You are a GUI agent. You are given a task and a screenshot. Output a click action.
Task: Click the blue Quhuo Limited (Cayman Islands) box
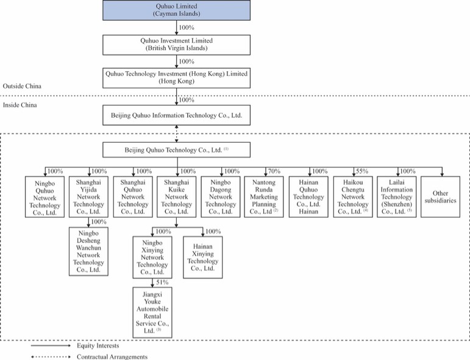pos(177,10)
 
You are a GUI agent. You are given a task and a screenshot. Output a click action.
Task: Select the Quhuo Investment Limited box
pos(177,45)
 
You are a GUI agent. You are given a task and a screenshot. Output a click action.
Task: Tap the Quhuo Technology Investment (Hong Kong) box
pos(177,78)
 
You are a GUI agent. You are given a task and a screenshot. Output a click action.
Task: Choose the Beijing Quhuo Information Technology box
pos(177,115)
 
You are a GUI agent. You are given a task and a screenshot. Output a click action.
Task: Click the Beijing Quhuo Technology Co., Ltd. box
pos(177,150)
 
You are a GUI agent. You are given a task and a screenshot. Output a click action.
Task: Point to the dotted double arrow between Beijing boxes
pos(177,134)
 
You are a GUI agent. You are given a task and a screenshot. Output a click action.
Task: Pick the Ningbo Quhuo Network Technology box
pos(45,197)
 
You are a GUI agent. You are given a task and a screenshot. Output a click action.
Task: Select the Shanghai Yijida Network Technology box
pos(89,197)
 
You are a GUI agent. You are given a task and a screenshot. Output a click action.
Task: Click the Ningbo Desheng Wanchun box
pos(89,251)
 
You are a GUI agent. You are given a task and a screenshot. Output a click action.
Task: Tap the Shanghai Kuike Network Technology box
pos(177,197)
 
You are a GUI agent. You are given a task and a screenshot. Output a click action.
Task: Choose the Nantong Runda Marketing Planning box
pos(264,197)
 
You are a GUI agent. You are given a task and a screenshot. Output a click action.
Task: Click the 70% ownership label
pos(274,171)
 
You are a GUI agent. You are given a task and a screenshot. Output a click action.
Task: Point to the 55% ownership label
pos(361,171)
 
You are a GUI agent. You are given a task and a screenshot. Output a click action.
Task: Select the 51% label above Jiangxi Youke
pos(162,283)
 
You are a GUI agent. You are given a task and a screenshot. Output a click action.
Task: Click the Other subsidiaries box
pos(441,197)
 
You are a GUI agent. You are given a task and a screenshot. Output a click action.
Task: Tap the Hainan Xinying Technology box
pos(203,257)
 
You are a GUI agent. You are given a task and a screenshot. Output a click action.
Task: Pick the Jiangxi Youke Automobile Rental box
pos(152,312)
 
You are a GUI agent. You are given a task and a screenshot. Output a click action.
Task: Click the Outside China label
pos(22,86)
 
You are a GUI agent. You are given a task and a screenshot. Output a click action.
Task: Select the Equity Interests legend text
pos(98,345)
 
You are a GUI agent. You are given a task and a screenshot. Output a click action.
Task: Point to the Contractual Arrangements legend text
pos(112,357)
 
